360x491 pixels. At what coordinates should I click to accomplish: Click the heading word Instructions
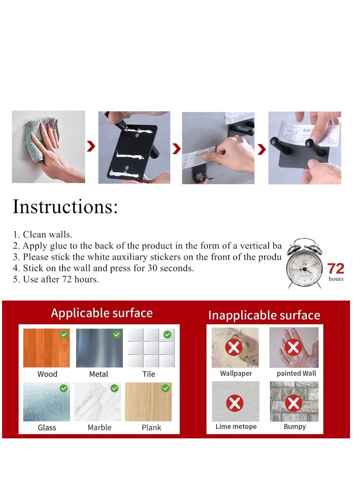(x=65, y=207)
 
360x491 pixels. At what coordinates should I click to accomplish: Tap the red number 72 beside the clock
(x=336, y=269)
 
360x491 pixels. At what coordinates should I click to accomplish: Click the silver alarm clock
(x=305, y=264)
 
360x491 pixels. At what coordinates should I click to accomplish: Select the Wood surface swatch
(x=46, y=348)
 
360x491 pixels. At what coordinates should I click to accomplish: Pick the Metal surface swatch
(x=99, y=348)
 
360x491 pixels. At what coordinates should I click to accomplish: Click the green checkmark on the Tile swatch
(x=167, y=334)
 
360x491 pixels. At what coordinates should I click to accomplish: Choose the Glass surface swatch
(x=46, y=401)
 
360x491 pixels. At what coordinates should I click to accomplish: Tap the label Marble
(x=99, y=427)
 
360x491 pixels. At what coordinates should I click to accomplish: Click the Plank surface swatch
(x=148, y=401)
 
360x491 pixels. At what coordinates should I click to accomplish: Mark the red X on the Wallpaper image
(x=234, y=347)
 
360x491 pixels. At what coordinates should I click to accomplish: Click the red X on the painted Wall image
(x=293, y=347)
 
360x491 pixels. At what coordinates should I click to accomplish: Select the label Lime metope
(x=236, y=427)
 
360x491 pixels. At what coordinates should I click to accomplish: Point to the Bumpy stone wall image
(x=294, y=401)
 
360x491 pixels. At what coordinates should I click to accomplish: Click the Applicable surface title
(x=102, y=313)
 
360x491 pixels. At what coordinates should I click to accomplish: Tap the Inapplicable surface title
(x=264, y=315)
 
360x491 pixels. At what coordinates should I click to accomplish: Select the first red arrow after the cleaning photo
(x=91, y=146)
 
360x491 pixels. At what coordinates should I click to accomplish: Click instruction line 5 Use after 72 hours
(x=56, y=279)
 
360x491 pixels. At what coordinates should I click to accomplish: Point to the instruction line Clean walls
(x=43, y=234)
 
